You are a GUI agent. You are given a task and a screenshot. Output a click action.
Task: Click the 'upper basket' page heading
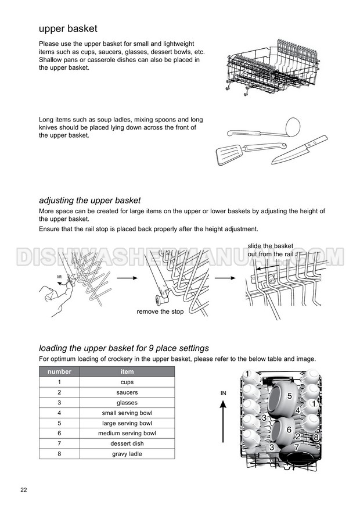68,28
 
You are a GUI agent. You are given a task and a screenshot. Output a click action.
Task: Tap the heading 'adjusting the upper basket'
89,200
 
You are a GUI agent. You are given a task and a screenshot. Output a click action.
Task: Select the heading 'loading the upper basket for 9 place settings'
124,349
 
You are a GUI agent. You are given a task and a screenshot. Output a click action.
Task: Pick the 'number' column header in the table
59,372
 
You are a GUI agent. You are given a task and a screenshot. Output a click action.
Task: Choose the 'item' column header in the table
127,372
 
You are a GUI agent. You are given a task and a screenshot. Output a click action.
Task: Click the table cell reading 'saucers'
127,392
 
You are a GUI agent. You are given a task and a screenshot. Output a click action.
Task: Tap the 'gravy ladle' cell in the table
127,453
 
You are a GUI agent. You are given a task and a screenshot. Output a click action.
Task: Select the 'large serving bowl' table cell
127,423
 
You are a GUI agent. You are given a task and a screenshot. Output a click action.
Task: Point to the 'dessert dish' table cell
127,443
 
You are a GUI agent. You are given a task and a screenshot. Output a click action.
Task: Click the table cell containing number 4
59,413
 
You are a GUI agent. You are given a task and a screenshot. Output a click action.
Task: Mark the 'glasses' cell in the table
127,403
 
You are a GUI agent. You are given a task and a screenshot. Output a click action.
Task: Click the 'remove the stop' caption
160,312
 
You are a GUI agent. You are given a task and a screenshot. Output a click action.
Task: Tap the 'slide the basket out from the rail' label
271,250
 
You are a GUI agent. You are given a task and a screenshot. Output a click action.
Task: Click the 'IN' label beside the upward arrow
224,393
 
